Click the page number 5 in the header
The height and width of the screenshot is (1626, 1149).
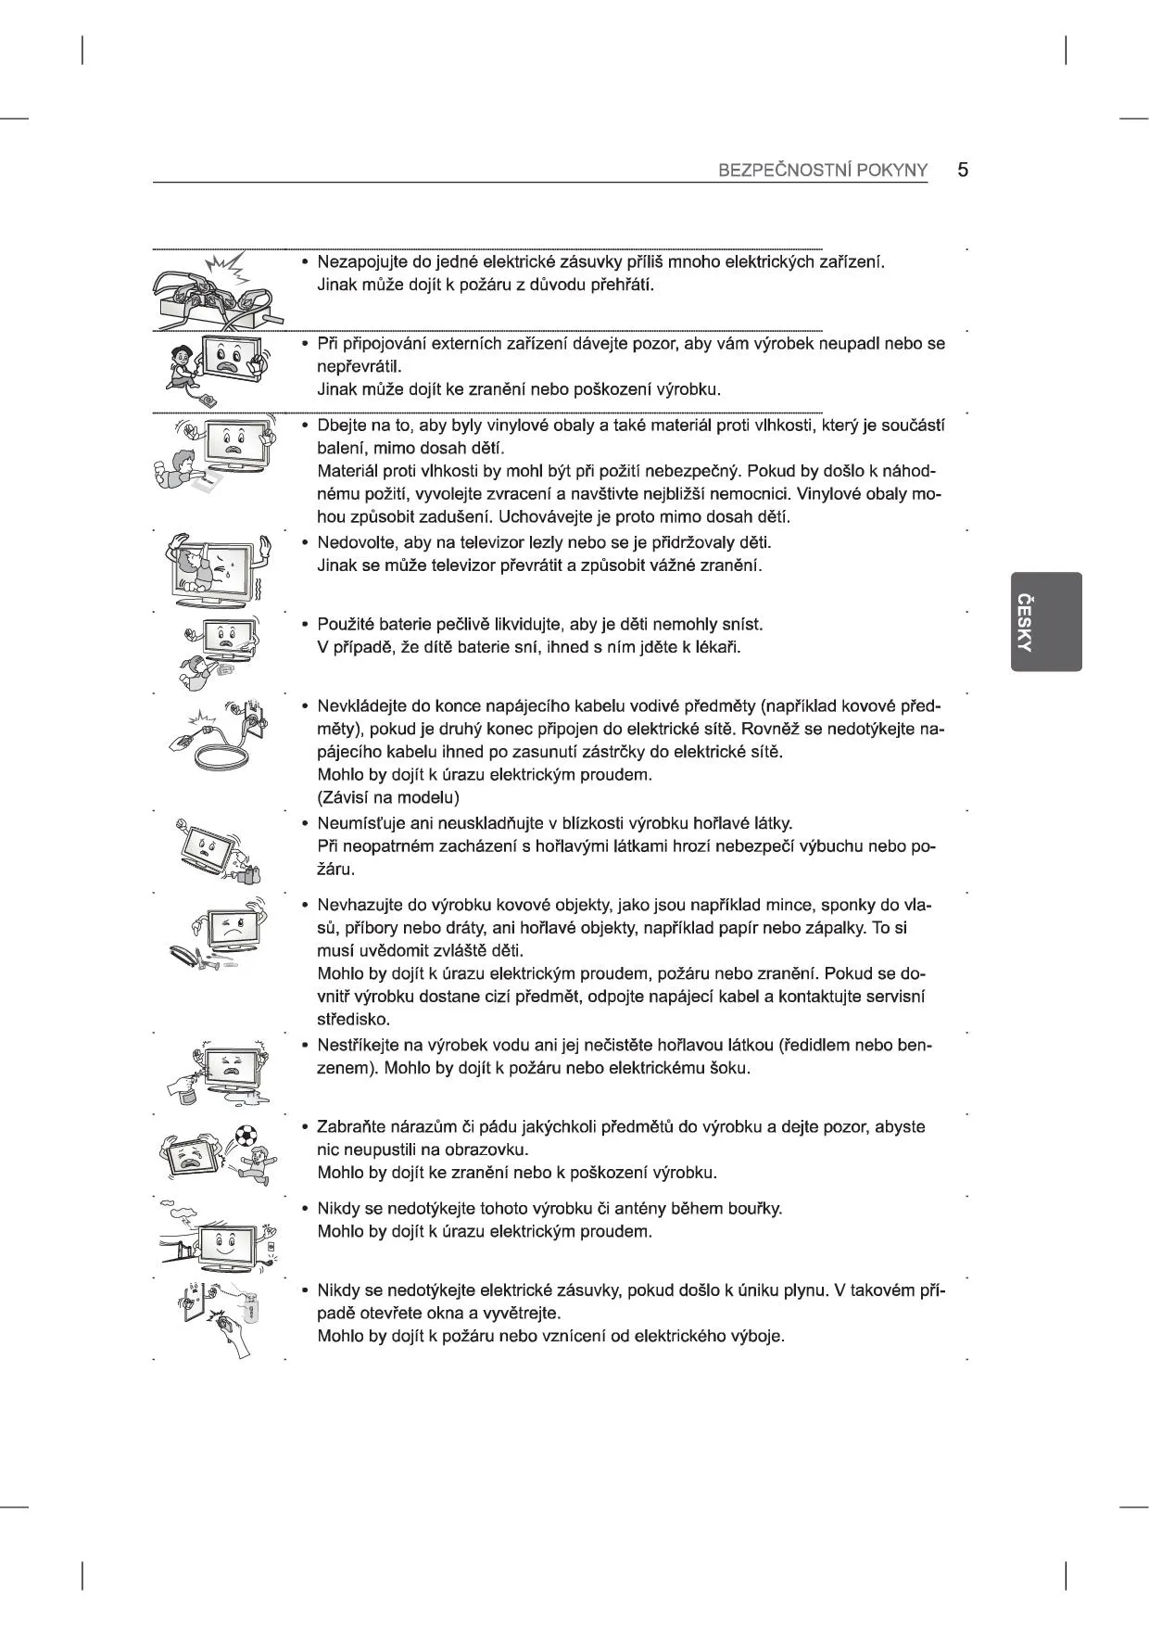coord(963,170)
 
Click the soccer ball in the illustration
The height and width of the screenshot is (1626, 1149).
coord(246,1136)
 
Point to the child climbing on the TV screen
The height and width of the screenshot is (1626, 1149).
coord(194,566)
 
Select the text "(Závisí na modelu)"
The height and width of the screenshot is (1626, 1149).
coord(388,797)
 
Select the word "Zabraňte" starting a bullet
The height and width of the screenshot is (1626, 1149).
coord(349,1127)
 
